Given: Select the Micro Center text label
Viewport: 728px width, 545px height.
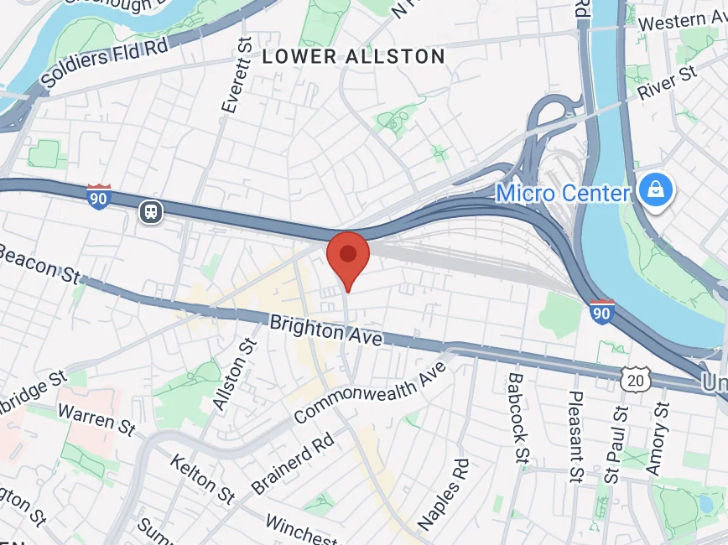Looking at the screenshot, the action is (x=563, y=194).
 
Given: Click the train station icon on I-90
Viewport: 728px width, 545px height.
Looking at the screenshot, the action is (x=151, y=211).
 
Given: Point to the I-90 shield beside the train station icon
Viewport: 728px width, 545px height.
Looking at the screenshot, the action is (x=99, y=197).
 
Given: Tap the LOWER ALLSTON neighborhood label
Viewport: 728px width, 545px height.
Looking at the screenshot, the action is (x=353, y=57).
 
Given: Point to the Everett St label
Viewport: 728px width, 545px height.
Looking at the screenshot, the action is (x=237, y=75).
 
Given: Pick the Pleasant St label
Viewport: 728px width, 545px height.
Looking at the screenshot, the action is (x=575, y=436).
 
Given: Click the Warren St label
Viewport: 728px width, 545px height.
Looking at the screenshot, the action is (x=97, y=418).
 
